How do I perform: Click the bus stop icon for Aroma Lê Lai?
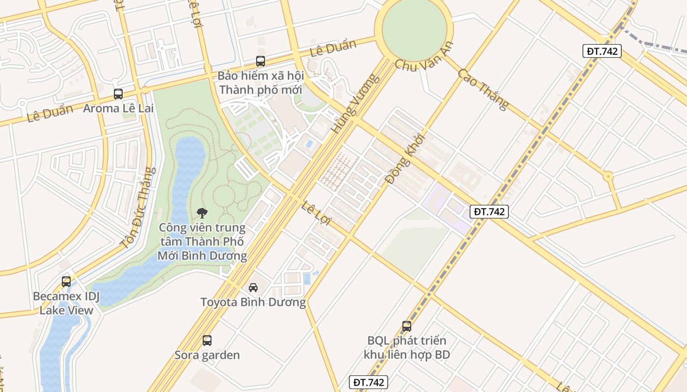[x=118, y=94]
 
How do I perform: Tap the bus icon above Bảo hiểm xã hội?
[x=261, y=61]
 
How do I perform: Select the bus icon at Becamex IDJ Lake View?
[x=66, y=282]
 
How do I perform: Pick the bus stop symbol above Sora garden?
[x=207, y=340]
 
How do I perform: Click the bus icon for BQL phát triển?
[x=406, y=326]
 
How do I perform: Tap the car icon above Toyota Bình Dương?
[x=253, y=287]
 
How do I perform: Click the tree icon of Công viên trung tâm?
[x=202, y=212]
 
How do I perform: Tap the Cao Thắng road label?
[x=483, y=89]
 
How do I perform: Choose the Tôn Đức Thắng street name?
[x=138, y=208]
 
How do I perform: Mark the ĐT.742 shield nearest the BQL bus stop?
[x=368, y=382]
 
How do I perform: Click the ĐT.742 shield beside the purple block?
[x=489, y=212]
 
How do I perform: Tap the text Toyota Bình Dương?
[x=253, y=302]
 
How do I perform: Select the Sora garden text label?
[x=207, y=355]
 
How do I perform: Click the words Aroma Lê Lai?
[x=118, y=108]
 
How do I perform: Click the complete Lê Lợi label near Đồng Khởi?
[x=317, y=213]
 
